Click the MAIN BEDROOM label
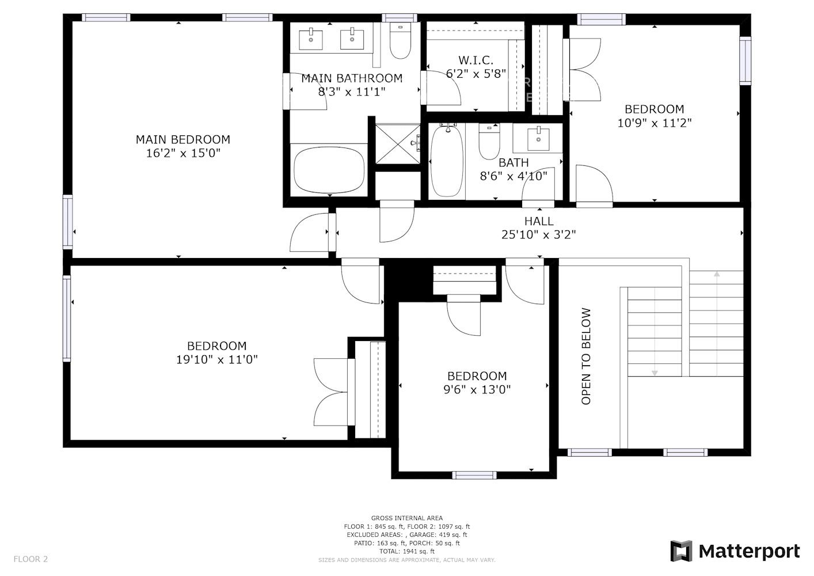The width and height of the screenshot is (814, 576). (x=182, y=139)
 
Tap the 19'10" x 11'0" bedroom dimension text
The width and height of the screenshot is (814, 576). (x=216, y=359)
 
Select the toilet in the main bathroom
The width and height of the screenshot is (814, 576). (x=400, y=41)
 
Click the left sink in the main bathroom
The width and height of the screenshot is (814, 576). (x=311, y=40)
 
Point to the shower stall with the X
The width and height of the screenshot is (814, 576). (x=398, y=143)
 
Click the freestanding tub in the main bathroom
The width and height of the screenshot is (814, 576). (x=329, y=170)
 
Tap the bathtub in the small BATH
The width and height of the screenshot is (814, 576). (x=447, y=161)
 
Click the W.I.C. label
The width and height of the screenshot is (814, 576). (x=476, y=60)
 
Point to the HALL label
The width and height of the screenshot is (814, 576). (x=539, y=221)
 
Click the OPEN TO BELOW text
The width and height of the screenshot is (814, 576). (x=586, y=357)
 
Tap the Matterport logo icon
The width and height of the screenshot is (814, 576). (x=682, y=551)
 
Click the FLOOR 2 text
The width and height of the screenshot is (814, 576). (x=31, y=559)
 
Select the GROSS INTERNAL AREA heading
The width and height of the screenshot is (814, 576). (x=407, y=518)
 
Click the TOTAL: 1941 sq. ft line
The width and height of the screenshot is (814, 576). (x=407, y=551)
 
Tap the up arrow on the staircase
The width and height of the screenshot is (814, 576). (x=717, y=275)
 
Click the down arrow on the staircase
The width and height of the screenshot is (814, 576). (x=655, y=373)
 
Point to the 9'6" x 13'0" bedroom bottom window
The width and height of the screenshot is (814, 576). (x=474, y=475)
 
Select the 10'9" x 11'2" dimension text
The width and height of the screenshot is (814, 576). (x=654, y=123)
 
